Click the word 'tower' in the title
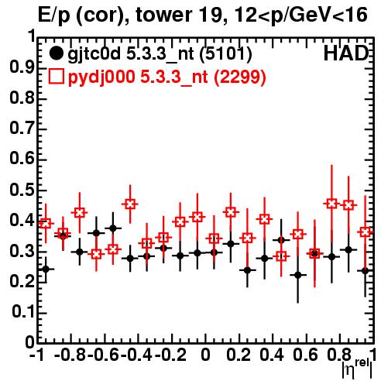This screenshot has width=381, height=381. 163,15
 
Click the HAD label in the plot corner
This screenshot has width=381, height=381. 346,53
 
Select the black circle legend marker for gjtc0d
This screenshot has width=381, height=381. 56,53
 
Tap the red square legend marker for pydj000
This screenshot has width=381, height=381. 57,77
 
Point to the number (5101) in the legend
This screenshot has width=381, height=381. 225,54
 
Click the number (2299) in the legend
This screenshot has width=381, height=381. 240,77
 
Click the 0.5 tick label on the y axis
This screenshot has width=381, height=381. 22,190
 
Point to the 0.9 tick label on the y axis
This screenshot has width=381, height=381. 22,67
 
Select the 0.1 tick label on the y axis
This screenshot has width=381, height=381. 23,312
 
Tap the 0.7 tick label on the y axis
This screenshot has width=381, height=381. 22,129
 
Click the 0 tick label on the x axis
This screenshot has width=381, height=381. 205,355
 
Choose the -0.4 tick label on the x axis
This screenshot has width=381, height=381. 136,355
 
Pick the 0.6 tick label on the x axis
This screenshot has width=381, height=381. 305,355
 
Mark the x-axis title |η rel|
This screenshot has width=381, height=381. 357,369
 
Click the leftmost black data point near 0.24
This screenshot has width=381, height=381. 46,269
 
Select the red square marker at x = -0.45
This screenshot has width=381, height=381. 130,204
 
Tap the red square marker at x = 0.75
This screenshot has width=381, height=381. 331,204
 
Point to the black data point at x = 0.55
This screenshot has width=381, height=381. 298,275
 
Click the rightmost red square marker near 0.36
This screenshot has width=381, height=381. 365,232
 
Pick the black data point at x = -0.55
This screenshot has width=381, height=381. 113,228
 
